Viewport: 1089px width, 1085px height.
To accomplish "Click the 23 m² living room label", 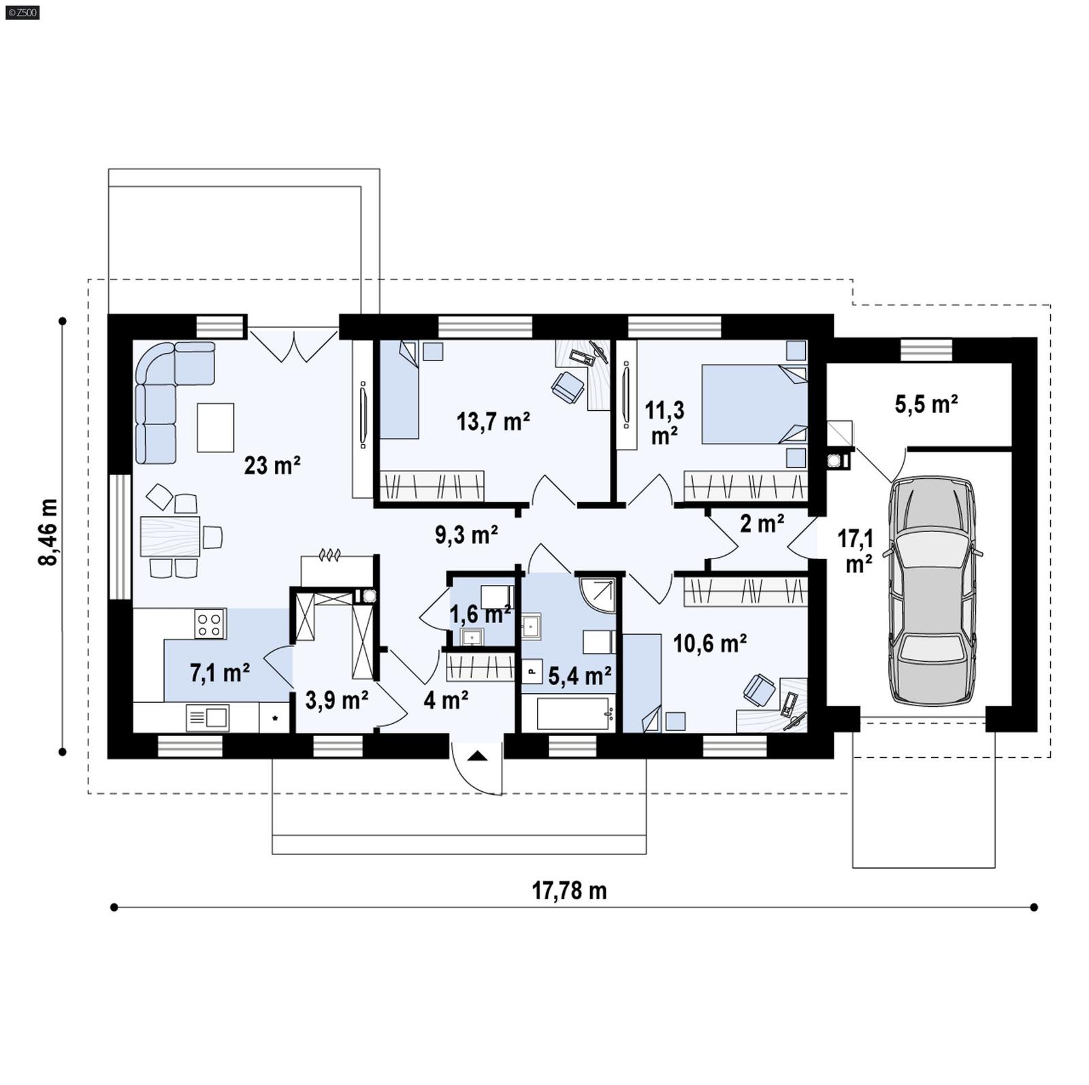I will coord(272,466).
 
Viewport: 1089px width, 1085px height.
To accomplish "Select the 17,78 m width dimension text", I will coord(568,890).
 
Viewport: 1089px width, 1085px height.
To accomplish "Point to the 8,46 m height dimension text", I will coord(48,532).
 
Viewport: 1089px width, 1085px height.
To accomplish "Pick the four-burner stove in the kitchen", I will coord(210,624).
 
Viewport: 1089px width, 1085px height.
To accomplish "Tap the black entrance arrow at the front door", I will coord(477,755).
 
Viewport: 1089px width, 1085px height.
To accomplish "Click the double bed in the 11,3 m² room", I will coord(753,405).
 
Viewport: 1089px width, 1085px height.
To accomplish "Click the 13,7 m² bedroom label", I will coord(493,422).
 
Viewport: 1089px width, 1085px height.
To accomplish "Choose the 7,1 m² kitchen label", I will coord(219,673).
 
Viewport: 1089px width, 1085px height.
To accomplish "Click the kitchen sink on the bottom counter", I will coord(208,717).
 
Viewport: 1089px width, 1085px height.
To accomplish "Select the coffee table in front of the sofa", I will coord(215,427).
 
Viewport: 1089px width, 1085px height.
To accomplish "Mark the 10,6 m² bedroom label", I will coord(709,643).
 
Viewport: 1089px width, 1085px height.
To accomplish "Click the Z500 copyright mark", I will coord(22,12).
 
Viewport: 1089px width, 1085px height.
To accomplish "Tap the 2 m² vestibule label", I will coord(762,524).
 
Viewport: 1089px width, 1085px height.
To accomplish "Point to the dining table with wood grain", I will coord(169,535).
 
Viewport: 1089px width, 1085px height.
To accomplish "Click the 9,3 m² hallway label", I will coord(466,535).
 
